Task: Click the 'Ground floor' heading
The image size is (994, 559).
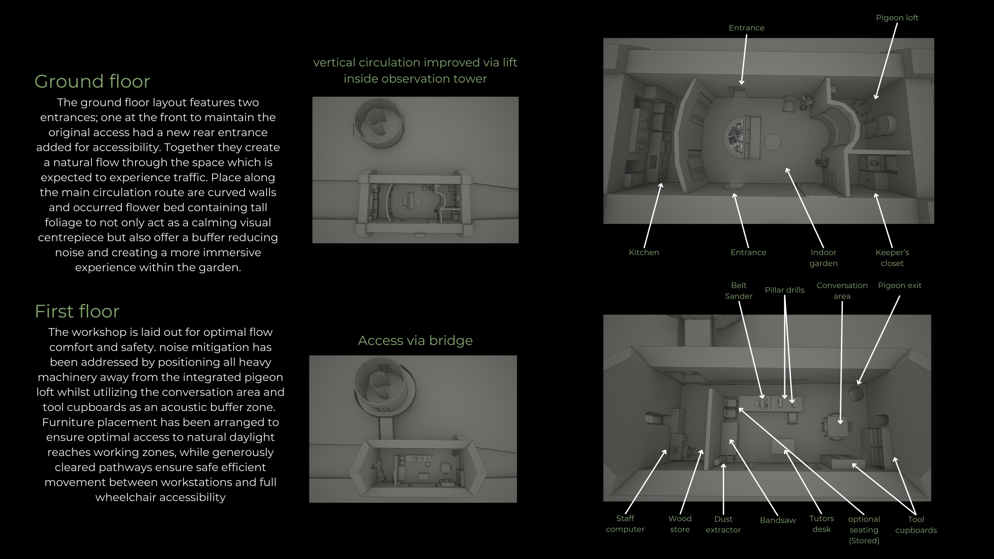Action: coord(92,81)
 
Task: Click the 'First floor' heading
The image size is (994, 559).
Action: coord(77,311)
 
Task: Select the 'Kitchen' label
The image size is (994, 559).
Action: coord(644,252)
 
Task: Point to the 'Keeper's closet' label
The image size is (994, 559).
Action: coord(892,258)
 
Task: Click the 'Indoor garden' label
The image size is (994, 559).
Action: coord(824,258)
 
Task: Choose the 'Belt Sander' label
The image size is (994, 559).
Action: coord(739,291)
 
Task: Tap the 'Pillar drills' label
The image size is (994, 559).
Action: coord(785,290)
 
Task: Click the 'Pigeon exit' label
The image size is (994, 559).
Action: coord(899,286)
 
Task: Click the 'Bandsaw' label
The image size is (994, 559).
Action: coord(778,520)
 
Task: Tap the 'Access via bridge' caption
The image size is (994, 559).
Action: coord(415,341)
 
